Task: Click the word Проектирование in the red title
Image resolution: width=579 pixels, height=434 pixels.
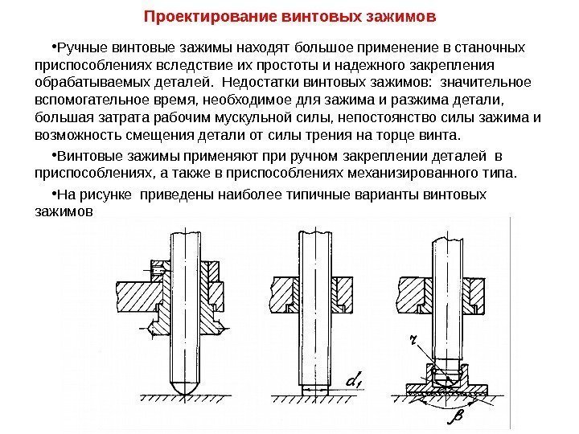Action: [190, 15]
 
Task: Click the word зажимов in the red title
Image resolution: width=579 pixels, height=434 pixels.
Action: [403, 15]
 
